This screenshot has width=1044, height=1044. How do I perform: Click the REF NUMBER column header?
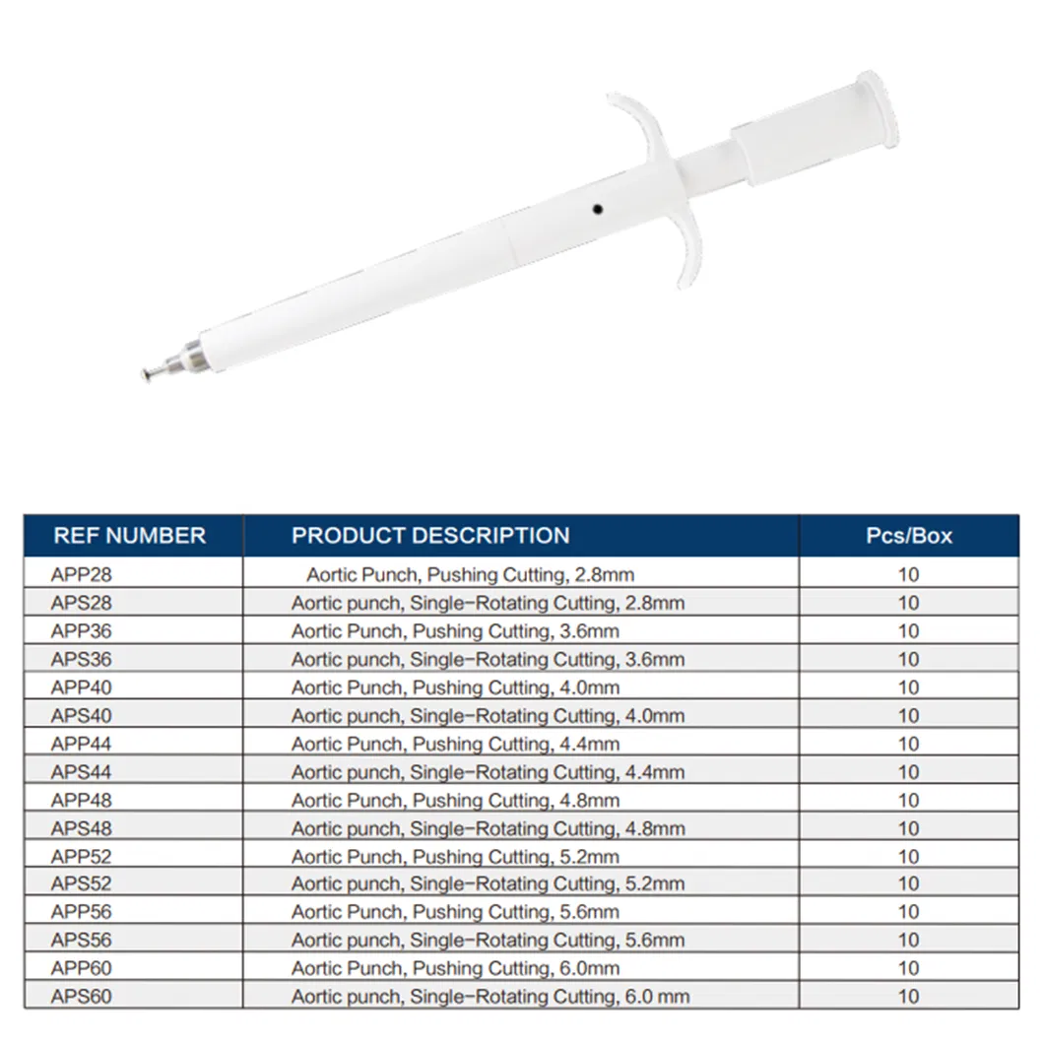click(129, 536)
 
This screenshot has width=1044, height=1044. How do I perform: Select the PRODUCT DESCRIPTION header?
click(430, 536)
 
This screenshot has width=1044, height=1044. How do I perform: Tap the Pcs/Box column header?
click(908, 536)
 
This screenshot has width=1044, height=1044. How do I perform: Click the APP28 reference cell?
click(75, 573)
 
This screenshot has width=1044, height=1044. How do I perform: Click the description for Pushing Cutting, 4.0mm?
click(455, 687)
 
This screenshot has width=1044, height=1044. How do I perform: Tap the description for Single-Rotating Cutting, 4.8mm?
click(488, 828)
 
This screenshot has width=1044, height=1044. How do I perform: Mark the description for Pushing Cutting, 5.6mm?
click(455, 912)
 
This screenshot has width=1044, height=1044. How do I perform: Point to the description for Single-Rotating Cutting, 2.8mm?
click(488, 603)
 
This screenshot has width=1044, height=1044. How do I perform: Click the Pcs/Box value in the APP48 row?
click(908, 800)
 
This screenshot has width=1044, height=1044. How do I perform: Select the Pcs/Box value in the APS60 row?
click(908, 997)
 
